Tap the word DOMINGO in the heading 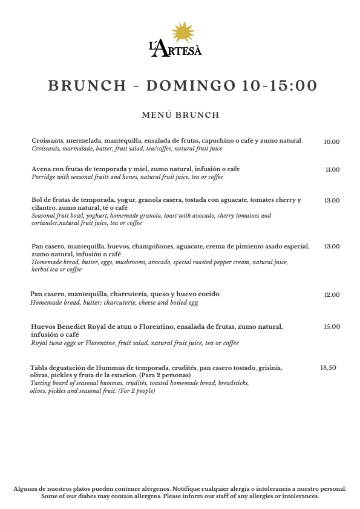coord(189,85)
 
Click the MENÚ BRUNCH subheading coord(180,115)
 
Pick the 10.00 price coord(332,142)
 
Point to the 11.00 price coord(332,170)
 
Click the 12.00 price coord(332,295)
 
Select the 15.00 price coord(332,327)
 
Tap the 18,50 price coord(328,368)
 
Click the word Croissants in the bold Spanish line coord(48,141)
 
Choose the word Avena coord(41,169)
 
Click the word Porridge coord(44,177)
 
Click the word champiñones coord(152,247)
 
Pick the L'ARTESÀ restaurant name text coord(175,50)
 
